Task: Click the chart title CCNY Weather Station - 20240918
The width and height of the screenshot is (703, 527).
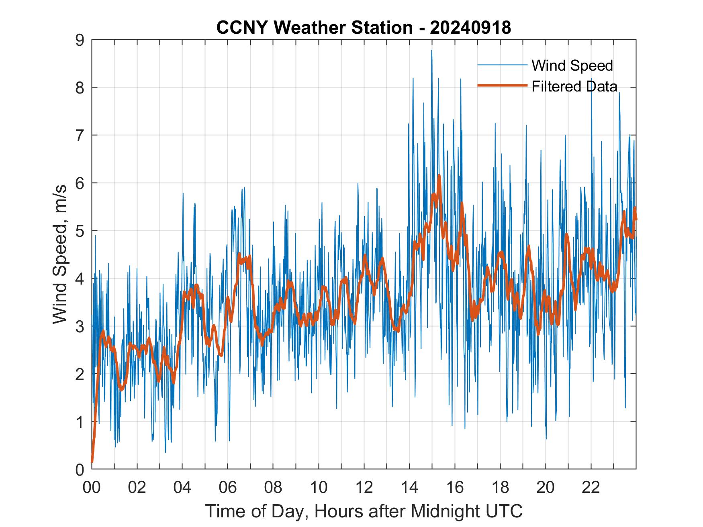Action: pos(364,28)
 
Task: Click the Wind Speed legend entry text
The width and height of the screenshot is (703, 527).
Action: pos(572,65)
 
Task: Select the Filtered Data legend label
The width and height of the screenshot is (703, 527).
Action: pos(574,86)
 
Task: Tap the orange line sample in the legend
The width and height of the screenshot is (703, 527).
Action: pos(502,85)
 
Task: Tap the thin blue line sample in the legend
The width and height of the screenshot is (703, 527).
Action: pos(502,65)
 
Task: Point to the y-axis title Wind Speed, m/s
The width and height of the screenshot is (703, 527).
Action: pos(60,254)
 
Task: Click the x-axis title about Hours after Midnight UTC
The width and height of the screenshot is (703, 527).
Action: pos(364,511)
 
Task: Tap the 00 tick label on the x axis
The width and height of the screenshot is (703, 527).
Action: pos(92,487)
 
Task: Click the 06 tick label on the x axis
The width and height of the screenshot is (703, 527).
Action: pos(228,487)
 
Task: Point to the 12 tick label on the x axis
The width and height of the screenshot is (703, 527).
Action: pos(364,487)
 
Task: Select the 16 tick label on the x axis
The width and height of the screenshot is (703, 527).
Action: pos(455,487)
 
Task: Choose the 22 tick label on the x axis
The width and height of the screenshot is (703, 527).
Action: pos(591,487)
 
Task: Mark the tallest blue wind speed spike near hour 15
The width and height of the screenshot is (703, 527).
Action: pos(431,51)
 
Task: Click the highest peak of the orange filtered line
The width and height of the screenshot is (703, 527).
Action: pos(439,175)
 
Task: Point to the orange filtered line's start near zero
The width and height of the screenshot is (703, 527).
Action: pos(92,462)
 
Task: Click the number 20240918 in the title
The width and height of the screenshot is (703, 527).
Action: pos(470,28)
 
